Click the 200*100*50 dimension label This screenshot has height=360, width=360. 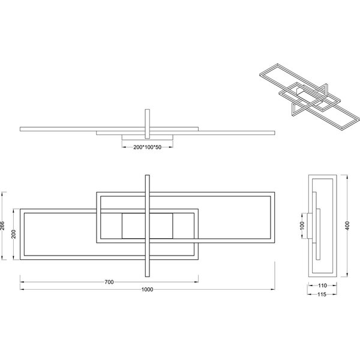tap(147, 147)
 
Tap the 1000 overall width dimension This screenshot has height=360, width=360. tap(148, 290)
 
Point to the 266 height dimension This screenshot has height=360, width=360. tap(4, 226)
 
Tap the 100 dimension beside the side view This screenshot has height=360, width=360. tap(302, 226)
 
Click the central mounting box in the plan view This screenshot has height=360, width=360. tap(147, 226)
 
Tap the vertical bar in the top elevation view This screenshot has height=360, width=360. tap(147, 124)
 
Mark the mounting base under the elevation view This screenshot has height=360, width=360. tap(147, 139)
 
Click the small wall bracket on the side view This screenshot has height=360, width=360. tap(310, 226)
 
